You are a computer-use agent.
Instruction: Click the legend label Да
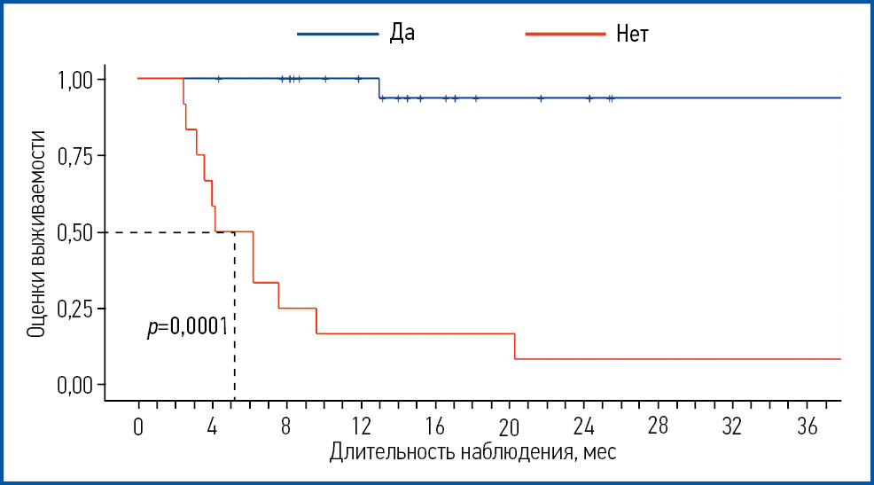point(402,34)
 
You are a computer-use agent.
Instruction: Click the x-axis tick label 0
point(138,426)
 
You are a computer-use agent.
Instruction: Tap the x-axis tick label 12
point(360,426)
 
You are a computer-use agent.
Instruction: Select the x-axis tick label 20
point(509,426)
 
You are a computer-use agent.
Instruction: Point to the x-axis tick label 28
point(657,426)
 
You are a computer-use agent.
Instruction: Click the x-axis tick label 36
point(806,426)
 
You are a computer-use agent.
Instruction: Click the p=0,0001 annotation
point(188,328)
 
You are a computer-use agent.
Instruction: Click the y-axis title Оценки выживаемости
point(37,232)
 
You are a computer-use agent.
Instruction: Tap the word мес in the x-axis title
point(599,452)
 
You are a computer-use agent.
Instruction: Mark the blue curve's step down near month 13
point(379,89)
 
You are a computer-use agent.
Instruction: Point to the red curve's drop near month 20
point(515,346)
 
